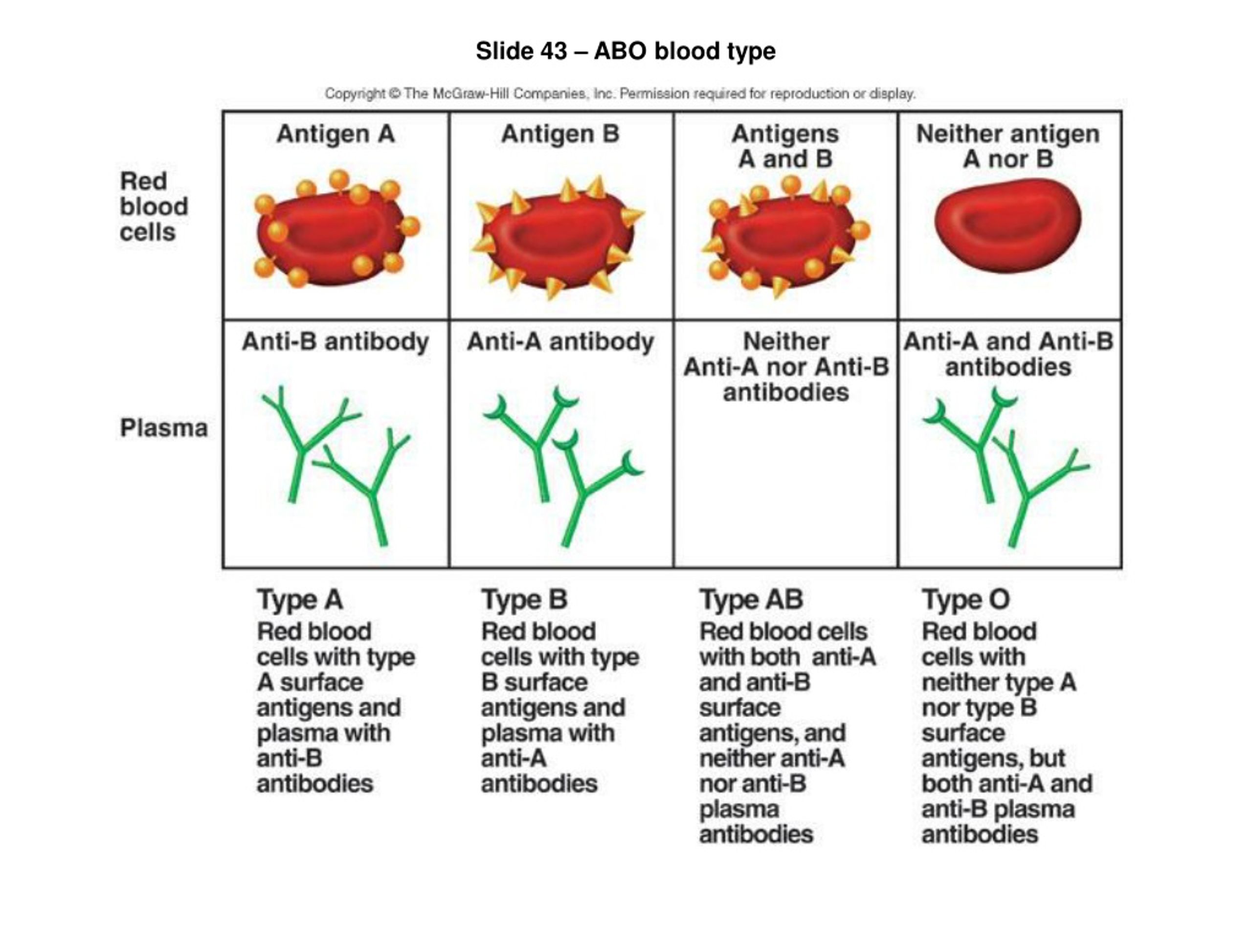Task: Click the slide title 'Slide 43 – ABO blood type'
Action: click(626, 51)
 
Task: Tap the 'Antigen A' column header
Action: click(335, 134)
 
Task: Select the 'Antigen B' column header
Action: click(560, 134)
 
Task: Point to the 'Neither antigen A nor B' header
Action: click(1008, 147)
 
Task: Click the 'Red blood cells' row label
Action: click(154, 206)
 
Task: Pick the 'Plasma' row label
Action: click(163, 428)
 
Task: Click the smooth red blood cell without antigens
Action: click(1007, 225)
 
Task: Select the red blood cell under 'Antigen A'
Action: click(336, 229)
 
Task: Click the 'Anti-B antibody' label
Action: click(335, 342)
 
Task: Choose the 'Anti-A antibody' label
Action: click(560, 342)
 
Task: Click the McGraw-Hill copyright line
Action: click(620, 94)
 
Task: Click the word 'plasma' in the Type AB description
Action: click(739, 810)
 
